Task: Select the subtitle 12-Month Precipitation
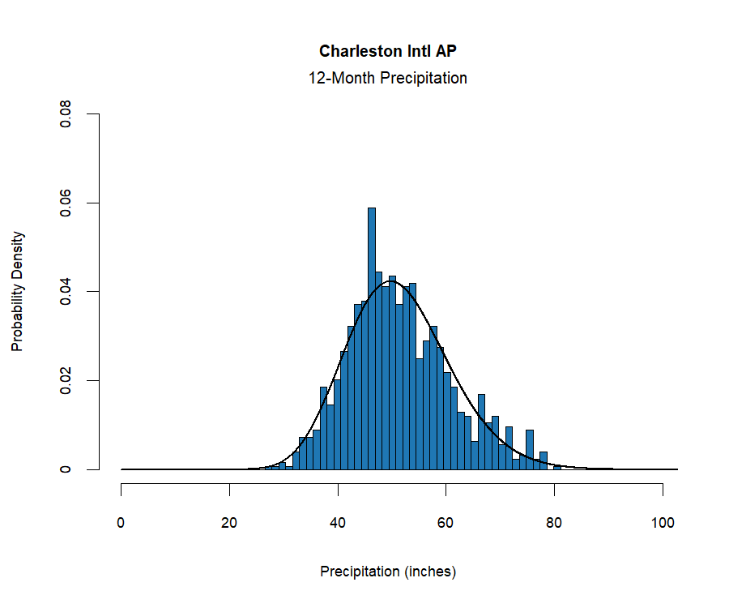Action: tap(387, 79)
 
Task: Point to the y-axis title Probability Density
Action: tap(17, 292)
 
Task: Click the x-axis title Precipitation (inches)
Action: tap(388, 572)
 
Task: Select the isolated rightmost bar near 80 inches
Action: tap(557, 467)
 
